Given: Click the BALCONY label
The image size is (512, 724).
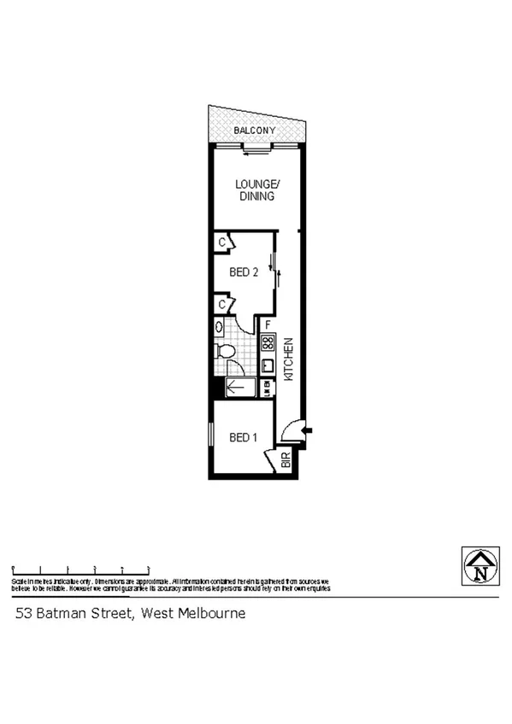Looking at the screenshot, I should [256, 131].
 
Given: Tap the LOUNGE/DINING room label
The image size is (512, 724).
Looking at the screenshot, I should [256, 190].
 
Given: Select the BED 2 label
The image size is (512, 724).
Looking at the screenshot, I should [244, 272].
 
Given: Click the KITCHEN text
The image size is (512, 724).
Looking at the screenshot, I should [289, 359].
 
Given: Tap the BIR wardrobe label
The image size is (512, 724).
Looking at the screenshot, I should [285, 463].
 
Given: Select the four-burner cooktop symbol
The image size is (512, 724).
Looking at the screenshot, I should [268, 343].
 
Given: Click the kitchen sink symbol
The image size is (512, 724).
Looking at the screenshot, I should [267, 365].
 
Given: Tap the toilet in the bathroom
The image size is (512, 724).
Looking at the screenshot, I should [225, 352].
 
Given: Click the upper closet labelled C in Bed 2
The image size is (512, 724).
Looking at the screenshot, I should [221, 243].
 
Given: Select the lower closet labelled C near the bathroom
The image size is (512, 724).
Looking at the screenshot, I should [221, 303].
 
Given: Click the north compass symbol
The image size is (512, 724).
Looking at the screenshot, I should [480, 566].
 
